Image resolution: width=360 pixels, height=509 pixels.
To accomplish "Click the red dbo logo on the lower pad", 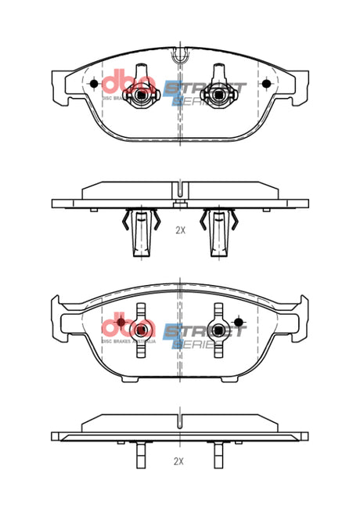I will tap(124, 326).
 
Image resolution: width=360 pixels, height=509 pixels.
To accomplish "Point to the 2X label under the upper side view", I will tap(180, 231).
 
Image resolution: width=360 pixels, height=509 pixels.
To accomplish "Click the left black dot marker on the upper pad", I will tap(94, 84).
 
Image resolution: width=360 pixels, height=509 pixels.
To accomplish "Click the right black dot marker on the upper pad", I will tap(265, 84).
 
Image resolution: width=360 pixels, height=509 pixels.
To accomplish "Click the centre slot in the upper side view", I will tap(180, 190).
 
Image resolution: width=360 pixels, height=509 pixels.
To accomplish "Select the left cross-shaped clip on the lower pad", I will tap(142, 330).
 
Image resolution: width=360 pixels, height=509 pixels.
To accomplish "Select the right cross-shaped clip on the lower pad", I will tap(218, 330).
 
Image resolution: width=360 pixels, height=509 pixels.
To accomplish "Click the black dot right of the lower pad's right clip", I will tap(238, 320).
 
